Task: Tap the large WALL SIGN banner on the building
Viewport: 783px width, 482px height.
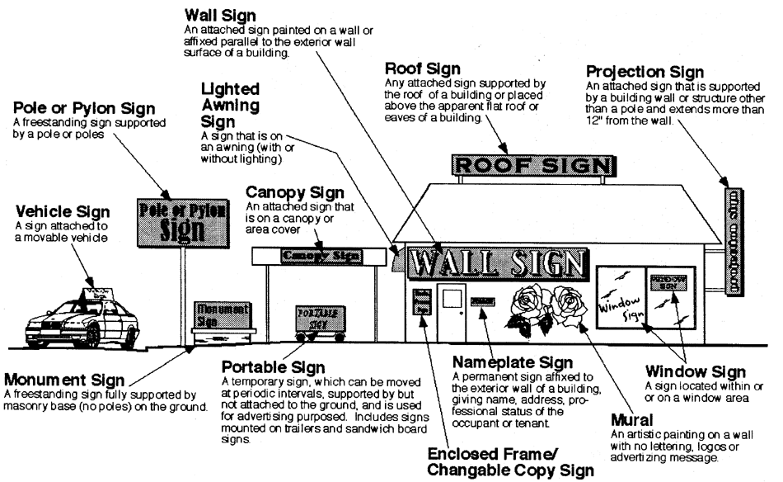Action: click(499, 263)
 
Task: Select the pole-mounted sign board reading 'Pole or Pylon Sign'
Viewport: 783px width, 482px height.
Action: click(183, 220)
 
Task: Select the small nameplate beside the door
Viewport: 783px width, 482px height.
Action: click(482, 302)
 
